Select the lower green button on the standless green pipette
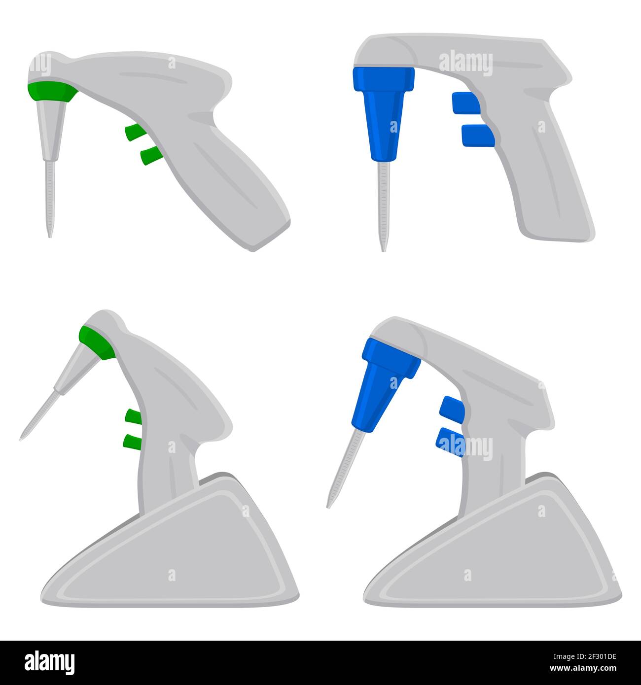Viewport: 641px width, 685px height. pyautogui.click(x=150, y=156)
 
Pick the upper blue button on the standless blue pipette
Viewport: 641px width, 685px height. pyautogui.click(x=464, y=103)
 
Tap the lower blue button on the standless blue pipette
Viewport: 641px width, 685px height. pyautogui.click(x=477, y=136)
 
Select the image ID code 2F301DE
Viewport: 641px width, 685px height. pyautogui.click(x=572, y=657)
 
